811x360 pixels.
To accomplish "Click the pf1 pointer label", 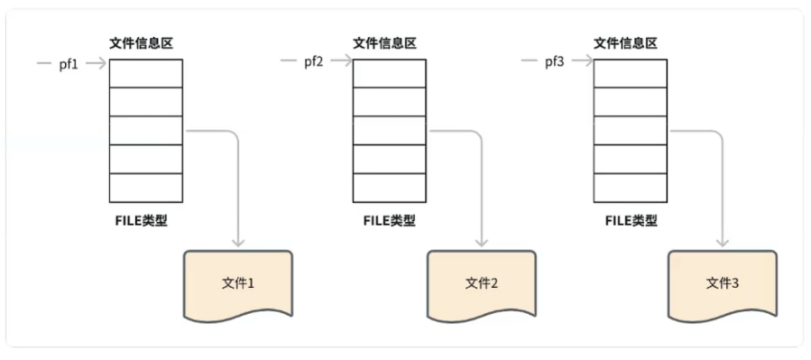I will pos(69,63).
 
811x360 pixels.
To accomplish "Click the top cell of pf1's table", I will pos(145,73).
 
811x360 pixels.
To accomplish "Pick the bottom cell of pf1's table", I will pos(145,188).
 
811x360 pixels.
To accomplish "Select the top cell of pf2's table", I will pos(389,73).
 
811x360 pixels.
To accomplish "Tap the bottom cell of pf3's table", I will pos(631,188).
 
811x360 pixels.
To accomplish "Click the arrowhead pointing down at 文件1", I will pos(238,242).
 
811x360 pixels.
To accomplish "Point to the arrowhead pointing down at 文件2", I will pos(482,242).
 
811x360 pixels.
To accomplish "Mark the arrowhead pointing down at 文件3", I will pos(723,242).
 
